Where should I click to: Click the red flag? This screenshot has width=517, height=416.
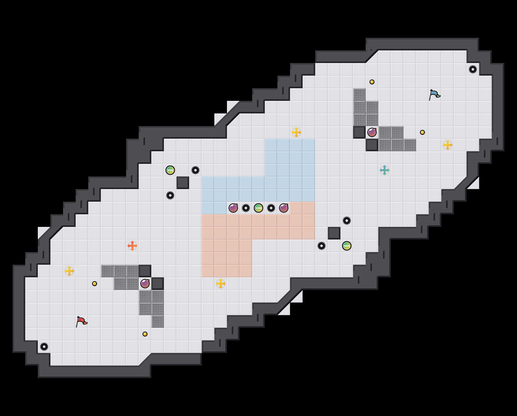coord(81,321)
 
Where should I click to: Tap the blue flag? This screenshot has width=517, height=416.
coord(434,95)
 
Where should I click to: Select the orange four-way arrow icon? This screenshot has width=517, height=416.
coord(132,246)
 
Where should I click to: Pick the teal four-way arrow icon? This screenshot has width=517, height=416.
coord(385,170)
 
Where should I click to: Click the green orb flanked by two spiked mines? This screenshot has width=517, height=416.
coord(258,208)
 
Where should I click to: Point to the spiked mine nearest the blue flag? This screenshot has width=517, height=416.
coord(473,69)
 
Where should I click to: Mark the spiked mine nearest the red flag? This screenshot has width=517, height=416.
coord(44,347)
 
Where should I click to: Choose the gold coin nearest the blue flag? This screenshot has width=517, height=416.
coord(422,132)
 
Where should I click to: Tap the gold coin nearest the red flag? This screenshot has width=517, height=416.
coord(95,284)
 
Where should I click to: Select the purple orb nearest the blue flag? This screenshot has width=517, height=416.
coord(372,132)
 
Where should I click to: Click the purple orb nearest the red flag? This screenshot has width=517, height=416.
coord(145,284)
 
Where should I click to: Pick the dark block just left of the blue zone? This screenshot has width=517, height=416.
coord(183,183)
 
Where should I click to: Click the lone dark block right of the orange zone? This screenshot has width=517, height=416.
coord(334,233)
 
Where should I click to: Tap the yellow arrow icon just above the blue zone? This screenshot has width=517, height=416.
coord(296,132)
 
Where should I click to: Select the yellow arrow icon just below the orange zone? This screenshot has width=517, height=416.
coord(221,284)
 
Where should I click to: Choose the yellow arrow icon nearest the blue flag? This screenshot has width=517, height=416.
coord(448,145)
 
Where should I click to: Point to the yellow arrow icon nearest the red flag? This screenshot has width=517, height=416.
coord(69,271)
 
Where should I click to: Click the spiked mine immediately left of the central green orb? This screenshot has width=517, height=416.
coord(246,208)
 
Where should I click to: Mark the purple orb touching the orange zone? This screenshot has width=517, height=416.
coord(284,208)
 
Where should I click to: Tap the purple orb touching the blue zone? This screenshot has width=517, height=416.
coord(233,208)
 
